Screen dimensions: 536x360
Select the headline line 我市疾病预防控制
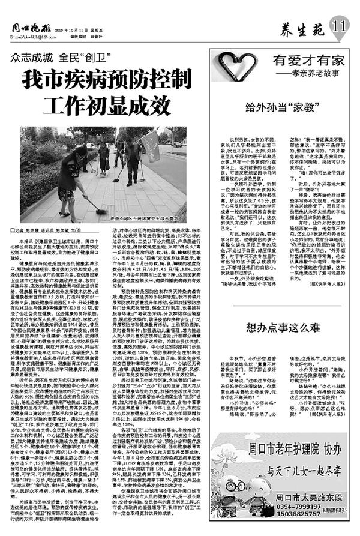pos(103,80)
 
